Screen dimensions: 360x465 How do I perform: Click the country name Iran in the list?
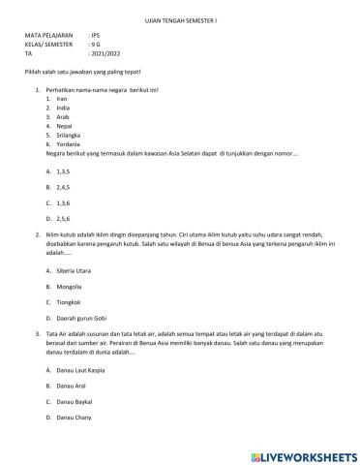point(61,99)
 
